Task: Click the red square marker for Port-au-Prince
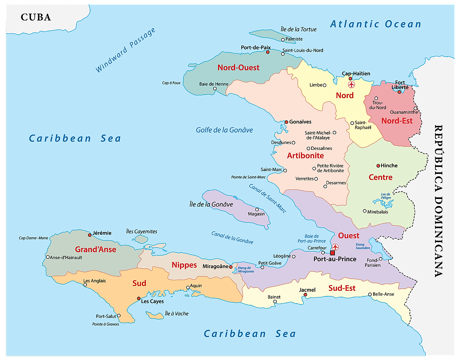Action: tap(332, 253)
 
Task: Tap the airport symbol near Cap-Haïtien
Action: tap(352, 85)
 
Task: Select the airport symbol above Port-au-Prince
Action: tap(335, 247)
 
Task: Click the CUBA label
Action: tap(36, 17)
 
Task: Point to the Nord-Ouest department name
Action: tap(239, 67)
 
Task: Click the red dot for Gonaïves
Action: tap(287, 122)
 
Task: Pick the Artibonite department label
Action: tap(305, 156)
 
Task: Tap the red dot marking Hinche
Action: tap(378, 166)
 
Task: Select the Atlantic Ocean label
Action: tap(376, 24)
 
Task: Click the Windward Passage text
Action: tap(125, 50)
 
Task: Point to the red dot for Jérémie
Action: tap(90, 235)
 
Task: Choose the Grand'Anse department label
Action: tap(96, 249)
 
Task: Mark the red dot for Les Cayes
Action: tap(139, 298)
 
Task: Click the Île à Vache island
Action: tap(155, 315)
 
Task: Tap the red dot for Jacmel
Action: tap(305, 295)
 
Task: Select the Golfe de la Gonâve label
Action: tap(224, 130)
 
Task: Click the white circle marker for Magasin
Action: tap(257, 209)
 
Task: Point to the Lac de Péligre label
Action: tap(386, 196)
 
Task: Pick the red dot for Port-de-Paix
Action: tap(268, 52)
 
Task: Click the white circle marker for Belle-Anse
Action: tap(370, 295)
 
